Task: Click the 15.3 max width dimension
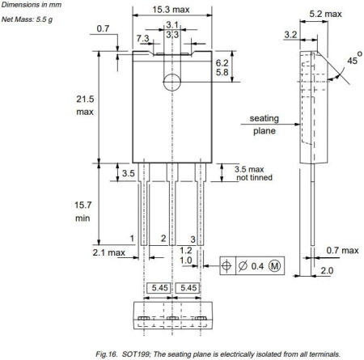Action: pos(171,9)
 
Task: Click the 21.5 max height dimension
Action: pos(85,103)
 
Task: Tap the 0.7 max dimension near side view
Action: pos(339,250)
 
